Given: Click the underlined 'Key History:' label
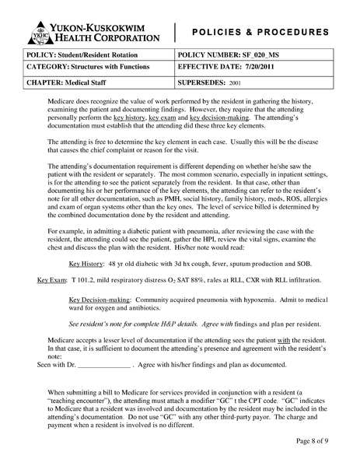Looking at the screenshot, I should [x=88, y=265].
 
